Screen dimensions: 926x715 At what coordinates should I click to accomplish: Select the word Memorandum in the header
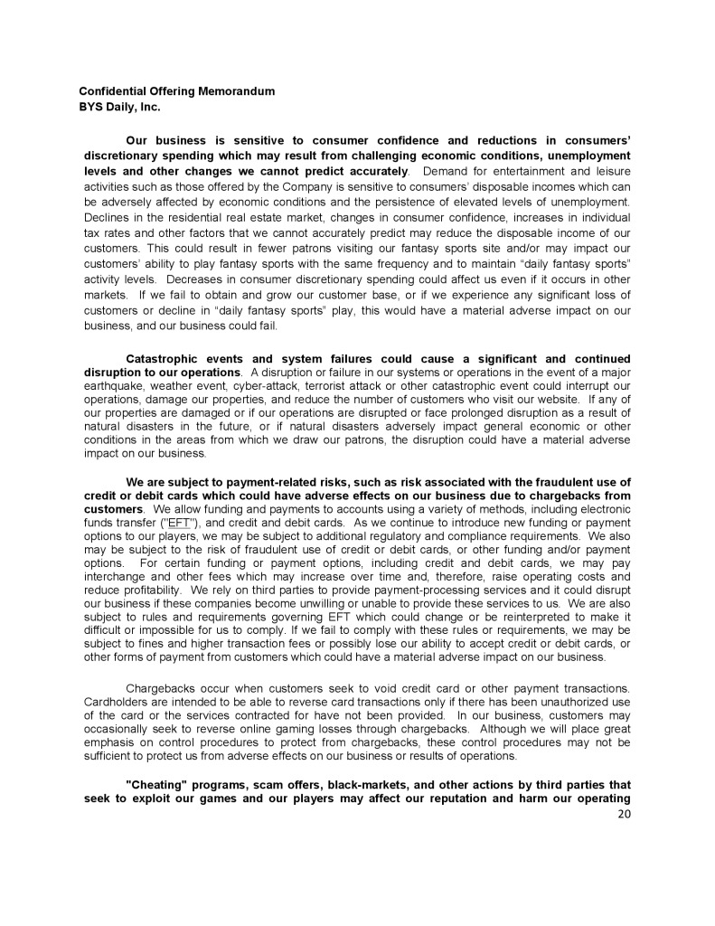[236, 91]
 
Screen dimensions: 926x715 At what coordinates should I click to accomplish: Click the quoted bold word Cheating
[154, 785]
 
